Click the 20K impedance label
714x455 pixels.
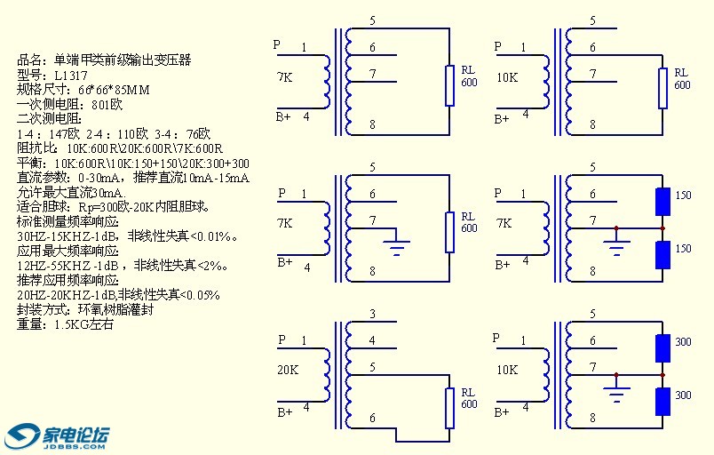pyautogui.click(x=288, y=369)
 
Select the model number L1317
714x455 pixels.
pyautogui.click(x=72, y=76)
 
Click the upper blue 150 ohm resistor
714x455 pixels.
pyautogui.click(x=662, y=202)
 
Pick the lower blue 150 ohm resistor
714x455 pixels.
pyautogui.click(x=662, y=255)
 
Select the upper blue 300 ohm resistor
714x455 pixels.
pyautogui.click(x=662, y=348)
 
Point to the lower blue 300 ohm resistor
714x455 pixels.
pyautogui.click(x=662, y=402)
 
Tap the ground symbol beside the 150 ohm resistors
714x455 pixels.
pyautogui.click(x=615, y=243)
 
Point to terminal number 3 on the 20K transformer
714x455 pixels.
pyautogui.click(x=372, y=314)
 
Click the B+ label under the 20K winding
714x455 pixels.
pyautogui.click(x=283, y=411)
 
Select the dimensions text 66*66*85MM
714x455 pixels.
pyautogui.click(x=114, y=90)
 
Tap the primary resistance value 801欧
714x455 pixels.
pyautogui.click(x=107, y=104)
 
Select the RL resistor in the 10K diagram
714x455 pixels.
pyautogui.click(x=662, y=86)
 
